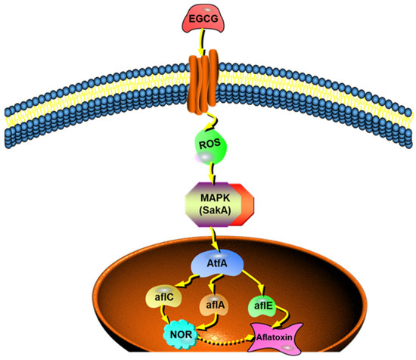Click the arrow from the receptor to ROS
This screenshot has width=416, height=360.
(207, 117)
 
